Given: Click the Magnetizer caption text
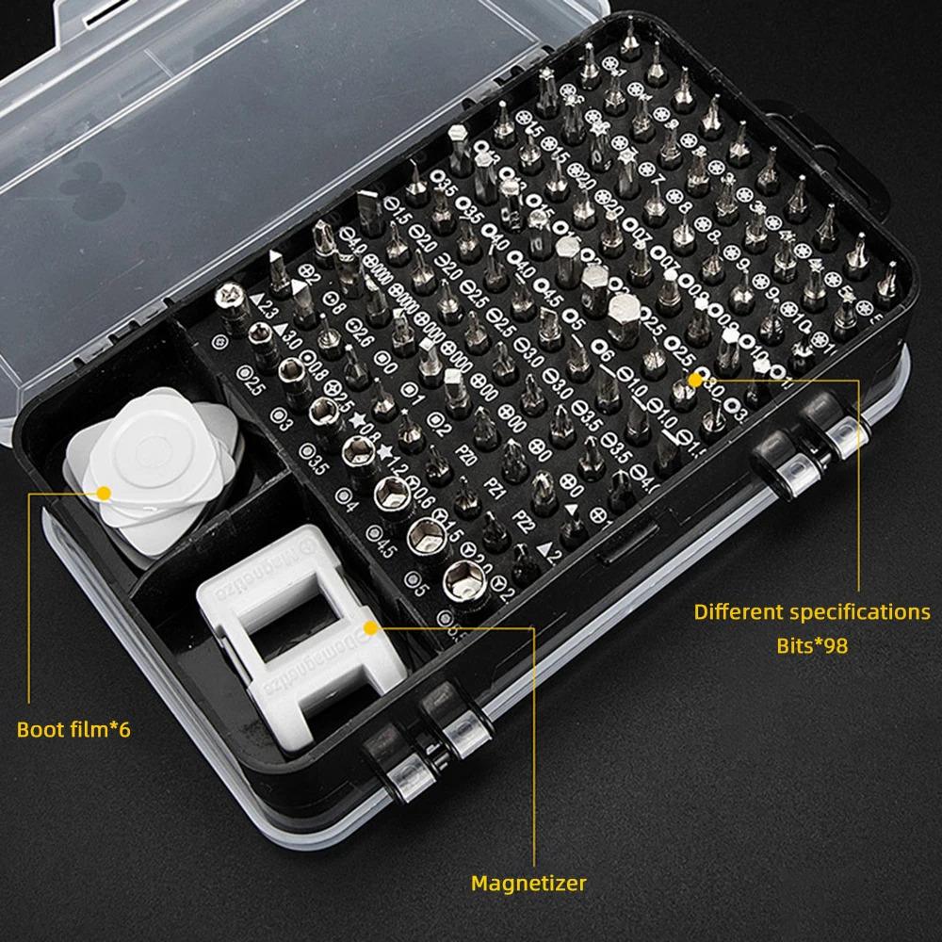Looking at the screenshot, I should [x=528, y=884].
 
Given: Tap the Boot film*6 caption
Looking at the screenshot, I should [x=73, y=729].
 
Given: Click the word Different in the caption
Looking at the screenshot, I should [x=738, y=611].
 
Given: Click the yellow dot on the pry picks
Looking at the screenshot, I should [x=103, y=492].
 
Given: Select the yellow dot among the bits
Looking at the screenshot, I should [x=696, y=379].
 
